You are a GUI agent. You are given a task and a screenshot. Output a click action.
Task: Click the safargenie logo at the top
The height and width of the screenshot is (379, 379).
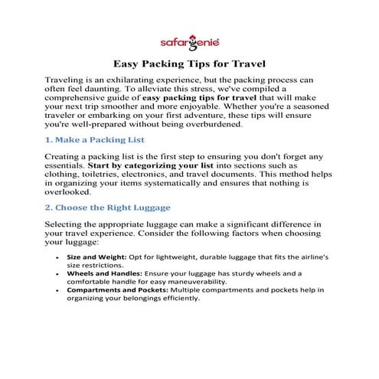pos(189,41)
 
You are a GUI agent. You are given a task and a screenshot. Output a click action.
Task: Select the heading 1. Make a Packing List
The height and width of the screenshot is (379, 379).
pos(94,140)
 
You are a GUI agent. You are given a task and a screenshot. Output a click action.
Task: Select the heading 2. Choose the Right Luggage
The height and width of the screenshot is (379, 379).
pos(107,208)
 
